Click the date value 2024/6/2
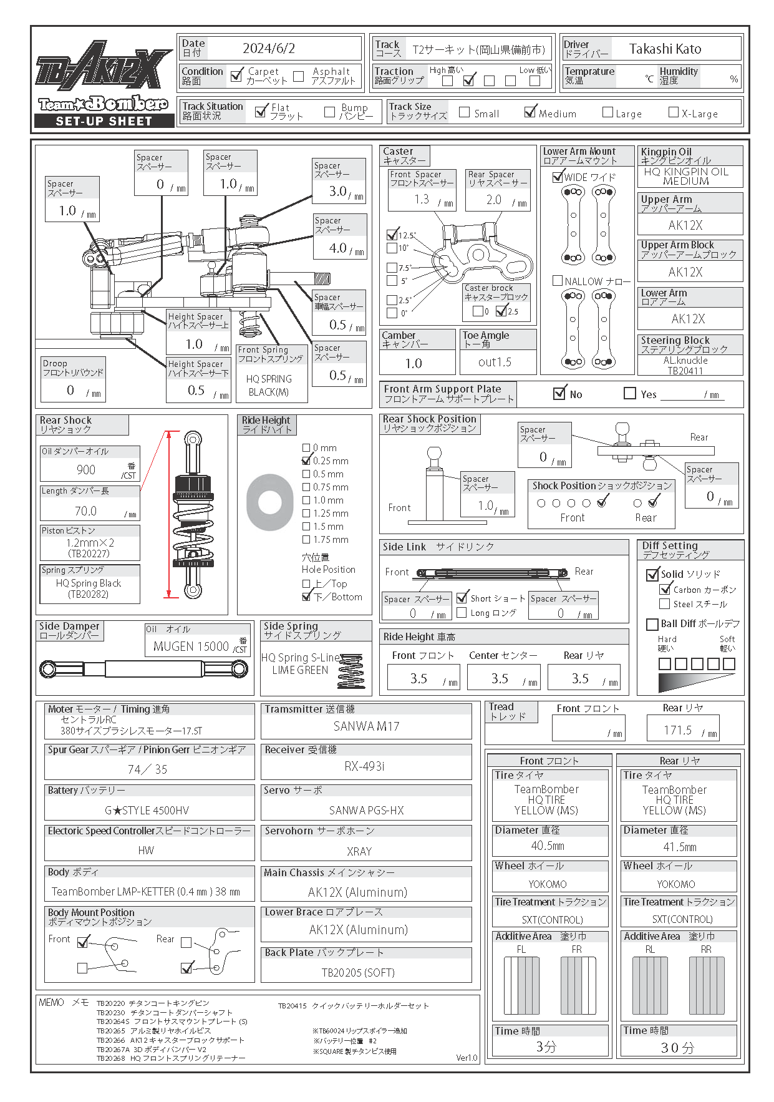tap(269, 49)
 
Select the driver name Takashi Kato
tap(665, 49)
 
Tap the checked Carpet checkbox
tap(236, 76)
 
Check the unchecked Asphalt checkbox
tap(299, 76)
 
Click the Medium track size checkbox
tap(530, 112)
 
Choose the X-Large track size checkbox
tap(674, 112)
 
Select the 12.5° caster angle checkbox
tap(392, 235)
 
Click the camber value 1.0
tap(414, 363)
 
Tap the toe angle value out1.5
tap(495, 363)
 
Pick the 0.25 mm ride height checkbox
tap(306, 461)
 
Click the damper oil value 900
tap(86, 470)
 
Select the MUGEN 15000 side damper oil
tap(191, 646)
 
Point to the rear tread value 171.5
tap(678, 730)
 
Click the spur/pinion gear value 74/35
tap(148, 769)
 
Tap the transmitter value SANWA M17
tap(366, 726)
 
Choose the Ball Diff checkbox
tap(652, 624)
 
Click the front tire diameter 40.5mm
tap(548, 846)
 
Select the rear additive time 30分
tap(677, 1048)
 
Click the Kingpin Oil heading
tap(666, 152)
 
